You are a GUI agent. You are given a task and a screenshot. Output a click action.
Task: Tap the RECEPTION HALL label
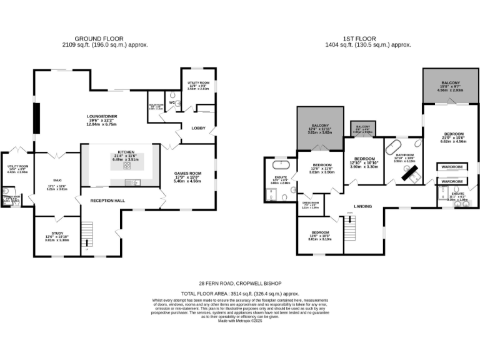point(108,201)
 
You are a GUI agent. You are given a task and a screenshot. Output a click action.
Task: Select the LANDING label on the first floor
point(363,206)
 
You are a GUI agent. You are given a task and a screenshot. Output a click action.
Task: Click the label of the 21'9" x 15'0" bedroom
point(454,134)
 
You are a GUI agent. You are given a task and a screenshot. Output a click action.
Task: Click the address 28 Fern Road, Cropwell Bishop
point(240,283)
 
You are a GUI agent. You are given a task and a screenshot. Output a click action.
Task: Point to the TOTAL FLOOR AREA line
point(240,292)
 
